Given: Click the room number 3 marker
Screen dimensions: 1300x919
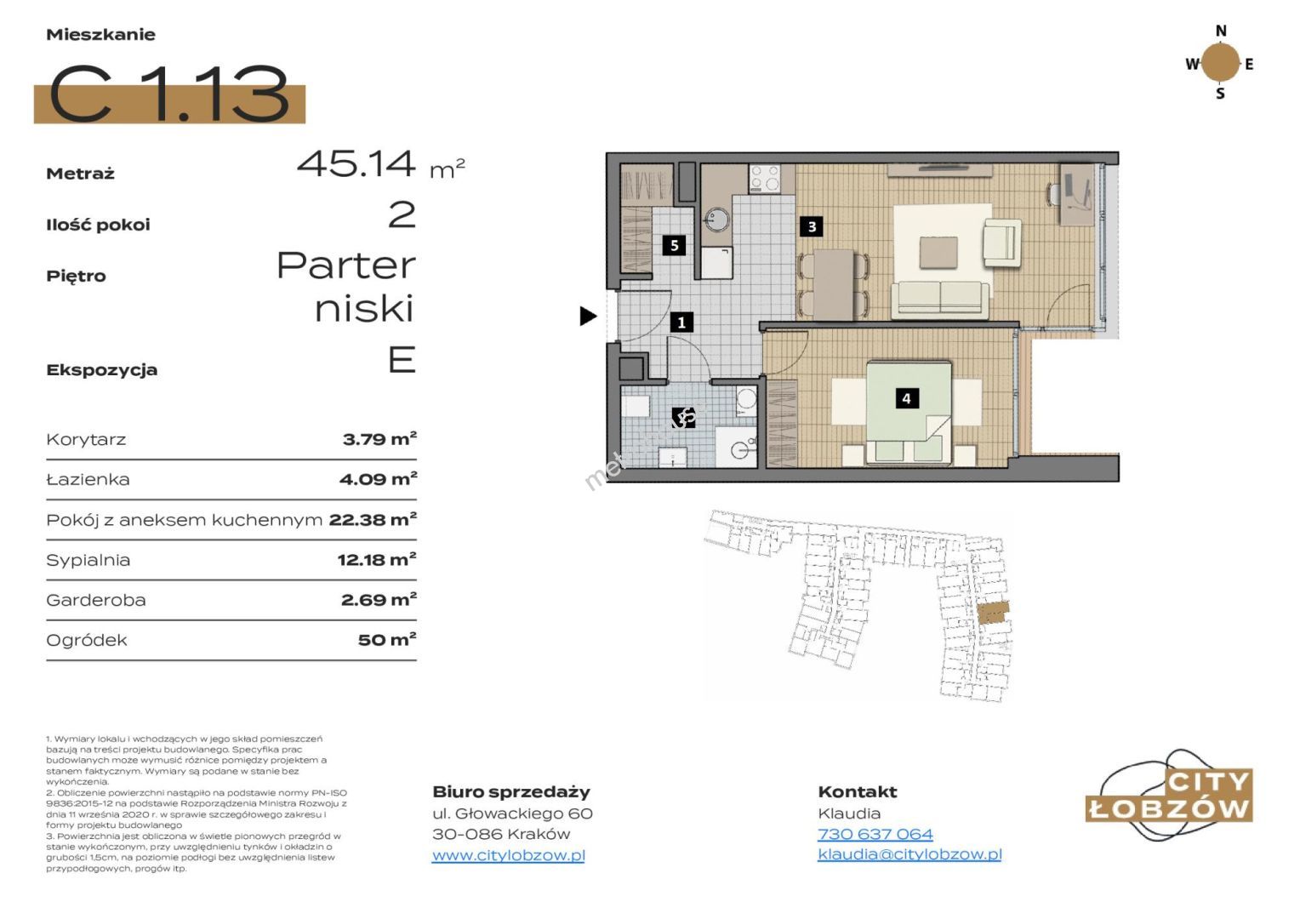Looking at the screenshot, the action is tap(812, 226).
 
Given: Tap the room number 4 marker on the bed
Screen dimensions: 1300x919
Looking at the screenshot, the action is tap(907, 398).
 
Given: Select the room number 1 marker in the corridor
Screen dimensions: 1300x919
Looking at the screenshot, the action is tap(681, 322).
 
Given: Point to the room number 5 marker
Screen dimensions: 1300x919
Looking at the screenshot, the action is tap(674, 245).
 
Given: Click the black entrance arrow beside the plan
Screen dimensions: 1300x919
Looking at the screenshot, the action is tap(588, 316).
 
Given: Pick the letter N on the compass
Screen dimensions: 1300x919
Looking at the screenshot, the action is tap(1221, 31).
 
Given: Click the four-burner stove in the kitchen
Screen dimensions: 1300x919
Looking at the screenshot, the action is tap(764, 178).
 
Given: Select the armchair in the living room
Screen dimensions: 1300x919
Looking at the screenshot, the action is tap(1001, 242).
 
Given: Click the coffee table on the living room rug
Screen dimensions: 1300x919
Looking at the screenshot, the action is tap(938, 253).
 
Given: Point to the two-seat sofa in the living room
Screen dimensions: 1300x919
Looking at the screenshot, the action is tap(939, 300).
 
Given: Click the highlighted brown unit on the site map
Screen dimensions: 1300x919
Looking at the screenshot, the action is tap(993, 613).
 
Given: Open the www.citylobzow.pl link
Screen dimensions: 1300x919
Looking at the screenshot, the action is tap(509, 855).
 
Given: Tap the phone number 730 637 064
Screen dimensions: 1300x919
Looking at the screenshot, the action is tap(875, 834).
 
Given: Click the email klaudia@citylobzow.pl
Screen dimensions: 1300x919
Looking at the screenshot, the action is tap(909, 854).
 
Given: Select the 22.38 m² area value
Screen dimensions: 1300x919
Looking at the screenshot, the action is tap(373, 519).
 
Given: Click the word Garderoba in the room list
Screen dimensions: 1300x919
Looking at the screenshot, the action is tap(96, 600).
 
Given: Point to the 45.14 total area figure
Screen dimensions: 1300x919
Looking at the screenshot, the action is tap(356, 163).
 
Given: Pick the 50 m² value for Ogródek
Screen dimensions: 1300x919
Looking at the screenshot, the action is tap(387, 639).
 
